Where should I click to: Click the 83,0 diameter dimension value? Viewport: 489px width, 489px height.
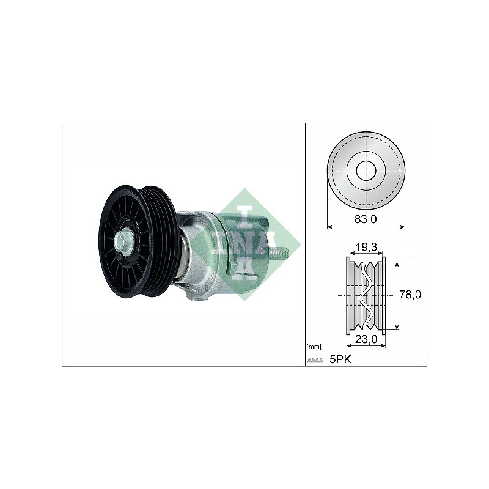366,219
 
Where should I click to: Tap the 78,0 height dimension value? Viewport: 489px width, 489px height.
410,294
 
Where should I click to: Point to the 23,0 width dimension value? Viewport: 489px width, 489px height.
366,339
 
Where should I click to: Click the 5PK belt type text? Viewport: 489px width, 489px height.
340,359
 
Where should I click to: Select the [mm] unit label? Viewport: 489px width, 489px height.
314,347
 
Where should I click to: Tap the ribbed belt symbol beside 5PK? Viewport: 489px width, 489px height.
315,360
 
